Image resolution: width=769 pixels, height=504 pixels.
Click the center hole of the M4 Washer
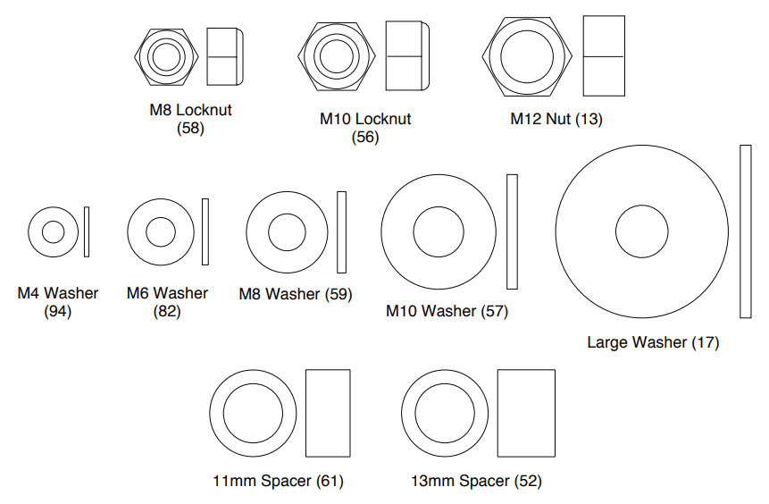[53, 232]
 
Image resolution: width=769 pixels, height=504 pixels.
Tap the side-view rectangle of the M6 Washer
[205, 231]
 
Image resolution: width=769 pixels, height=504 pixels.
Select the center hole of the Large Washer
[641, 231]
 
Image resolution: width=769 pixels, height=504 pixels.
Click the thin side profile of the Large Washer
[746, 231]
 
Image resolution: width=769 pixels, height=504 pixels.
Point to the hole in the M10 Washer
[439, 231]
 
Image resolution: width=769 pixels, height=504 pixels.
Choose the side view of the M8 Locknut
[225, 56]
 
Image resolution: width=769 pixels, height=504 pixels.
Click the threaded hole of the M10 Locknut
[337, 56]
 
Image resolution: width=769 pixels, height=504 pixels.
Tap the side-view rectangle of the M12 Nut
[604, 56]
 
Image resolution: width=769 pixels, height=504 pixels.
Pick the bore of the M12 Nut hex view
[527, 56]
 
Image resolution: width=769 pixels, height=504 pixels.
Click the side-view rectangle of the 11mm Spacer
[328, 413]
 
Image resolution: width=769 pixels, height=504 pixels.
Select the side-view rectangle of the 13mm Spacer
[526, 413]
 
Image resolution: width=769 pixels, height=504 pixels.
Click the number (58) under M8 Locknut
[190, 129]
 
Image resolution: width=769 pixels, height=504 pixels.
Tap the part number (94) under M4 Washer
[57, 312]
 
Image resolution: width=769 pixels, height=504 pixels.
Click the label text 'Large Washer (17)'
[653, 342]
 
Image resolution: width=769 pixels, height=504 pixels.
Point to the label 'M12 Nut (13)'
[556, 119]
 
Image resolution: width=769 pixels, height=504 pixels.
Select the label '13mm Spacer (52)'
[476, 481]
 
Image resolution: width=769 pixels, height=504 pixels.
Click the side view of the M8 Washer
[341, 232]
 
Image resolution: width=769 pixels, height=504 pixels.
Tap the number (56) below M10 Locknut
[365, 137]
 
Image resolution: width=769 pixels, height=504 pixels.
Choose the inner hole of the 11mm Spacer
[253, 413]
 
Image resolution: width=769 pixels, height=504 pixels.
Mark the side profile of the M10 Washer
[512, 231]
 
